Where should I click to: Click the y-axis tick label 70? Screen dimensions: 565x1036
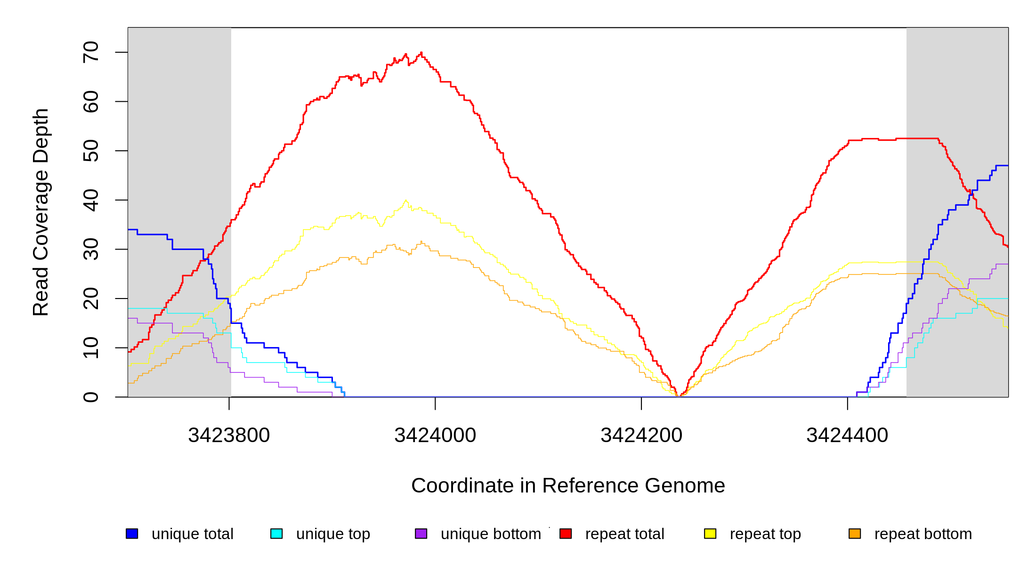[x=90, y=52]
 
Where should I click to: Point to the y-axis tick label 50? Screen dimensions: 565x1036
[x=90, y=151]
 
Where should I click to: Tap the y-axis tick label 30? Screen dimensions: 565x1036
[x=90, y=250]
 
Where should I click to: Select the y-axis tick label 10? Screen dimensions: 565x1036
[x=90, y=348]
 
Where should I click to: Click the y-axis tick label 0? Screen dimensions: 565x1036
[x=90, y=397]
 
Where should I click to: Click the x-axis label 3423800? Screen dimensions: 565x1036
[x=229, y=435]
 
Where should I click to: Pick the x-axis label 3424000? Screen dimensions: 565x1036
[x=435, y=435]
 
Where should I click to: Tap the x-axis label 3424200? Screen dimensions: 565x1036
[x=641, y=435]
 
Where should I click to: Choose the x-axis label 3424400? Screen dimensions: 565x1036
[x=847, y=435]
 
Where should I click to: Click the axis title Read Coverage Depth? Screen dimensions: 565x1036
[x=40, y=212]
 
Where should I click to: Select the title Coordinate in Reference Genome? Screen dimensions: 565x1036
[x=568, y=485]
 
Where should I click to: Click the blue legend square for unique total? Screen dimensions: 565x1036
[x=132, y=533]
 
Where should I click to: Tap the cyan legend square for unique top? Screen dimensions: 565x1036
[x=276, y=533]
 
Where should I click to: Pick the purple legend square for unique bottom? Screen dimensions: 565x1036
[x=421, y=533]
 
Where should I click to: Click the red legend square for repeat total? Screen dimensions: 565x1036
[x=566, y=533]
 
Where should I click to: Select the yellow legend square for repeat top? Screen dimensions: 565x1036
[x=710, y=533]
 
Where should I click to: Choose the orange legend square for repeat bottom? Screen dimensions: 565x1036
[x=855, y=533]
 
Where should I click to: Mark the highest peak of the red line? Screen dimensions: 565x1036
[x=421, y=53]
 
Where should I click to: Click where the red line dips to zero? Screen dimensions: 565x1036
[x=679, y=396]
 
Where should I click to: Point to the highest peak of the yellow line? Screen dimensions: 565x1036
[x=405, y=201]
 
